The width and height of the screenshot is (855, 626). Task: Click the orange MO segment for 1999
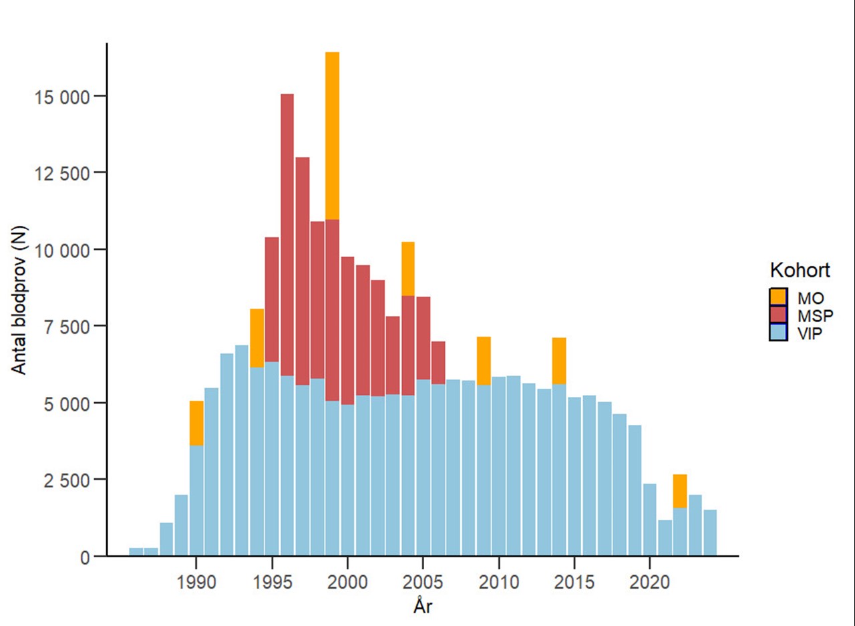point(333,136)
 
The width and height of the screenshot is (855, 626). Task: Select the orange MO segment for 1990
point(196,423)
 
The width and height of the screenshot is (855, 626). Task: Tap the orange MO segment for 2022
point(680,491)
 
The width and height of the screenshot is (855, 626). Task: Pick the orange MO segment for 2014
point(559,361)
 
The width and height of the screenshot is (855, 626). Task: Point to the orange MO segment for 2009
point(484,361)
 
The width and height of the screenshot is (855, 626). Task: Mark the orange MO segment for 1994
point(257,338)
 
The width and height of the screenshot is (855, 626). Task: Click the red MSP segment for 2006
point(438,363)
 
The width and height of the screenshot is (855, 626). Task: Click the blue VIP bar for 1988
point(166,539)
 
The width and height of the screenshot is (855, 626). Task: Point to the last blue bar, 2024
point(710,532)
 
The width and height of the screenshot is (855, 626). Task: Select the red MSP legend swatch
point(778,315)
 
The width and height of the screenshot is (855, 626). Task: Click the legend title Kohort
point(800,271)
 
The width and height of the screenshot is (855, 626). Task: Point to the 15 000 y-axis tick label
point(61,96)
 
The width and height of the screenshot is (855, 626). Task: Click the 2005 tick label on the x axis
point(423,582)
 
